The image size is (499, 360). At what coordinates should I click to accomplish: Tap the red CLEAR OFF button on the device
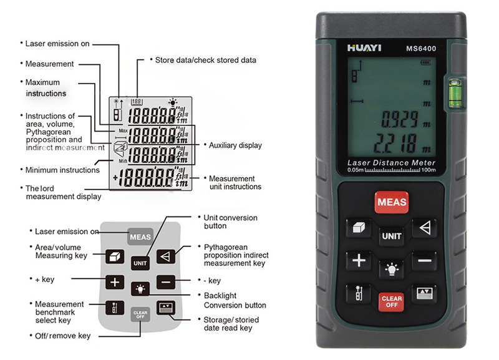coord(391,301)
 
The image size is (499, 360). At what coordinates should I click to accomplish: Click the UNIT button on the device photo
coord(391,236)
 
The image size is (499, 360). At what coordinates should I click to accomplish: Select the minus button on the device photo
coord(424,260)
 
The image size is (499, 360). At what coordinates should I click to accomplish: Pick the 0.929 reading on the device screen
coord(399,118)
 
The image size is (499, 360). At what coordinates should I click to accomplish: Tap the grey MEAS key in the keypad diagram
coord(140,237)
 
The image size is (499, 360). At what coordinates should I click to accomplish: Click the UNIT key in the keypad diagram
coord(140,263)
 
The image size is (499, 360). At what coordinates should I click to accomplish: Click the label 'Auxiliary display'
coord(235,145)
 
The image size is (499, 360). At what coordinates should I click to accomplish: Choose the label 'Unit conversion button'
coord(223,221)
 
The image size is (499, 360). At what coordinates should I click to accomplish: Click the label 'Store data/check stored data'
coord(205,60)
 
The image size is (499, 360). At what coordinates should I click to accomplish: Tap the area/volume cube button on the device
coord(358,228)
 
